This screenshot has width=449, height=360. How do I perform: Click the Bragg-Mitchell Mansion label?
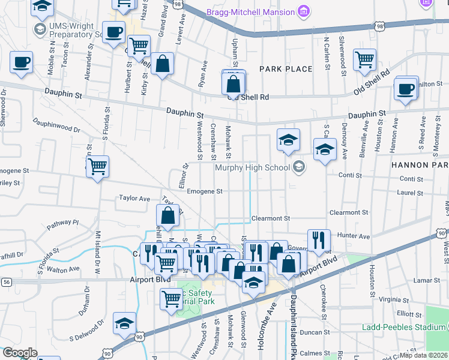pos(250,11)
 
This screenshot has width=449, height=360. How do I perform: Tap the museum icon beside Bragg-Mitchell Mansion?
pos(304,11)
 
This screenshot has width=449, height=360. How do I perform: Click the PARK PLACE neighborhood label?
pos(286,69)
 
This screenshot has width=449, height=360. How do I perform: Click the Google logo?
pos(20,353)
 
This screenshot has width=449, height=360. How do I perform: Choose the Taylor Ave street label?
pos(134,198)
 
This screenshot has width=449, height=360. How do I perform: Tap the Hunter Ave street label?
pos(354,236)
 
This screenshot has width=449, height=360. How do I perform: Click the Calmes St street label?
pos(315,353)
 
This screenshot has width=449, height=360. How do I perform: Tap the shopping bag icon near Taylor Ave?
pos(169,216)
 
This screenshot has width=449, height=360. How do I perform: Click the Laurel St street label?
pos(411,192)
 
